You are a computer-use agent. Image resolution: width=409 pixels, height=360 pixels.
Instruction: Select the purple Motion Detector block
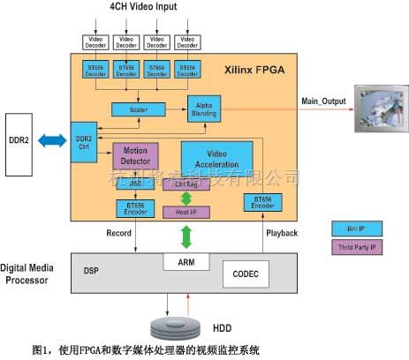pos(135,155)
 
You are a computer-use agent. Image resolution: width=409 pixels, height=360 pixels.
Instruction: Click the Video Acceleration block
pos(216,160)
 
